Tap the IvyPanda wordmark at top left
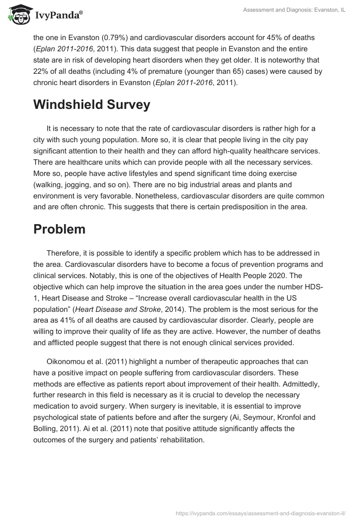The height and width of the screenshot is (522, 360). click(58, 15)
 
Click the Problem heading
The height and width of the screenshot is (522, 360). click(59, 229)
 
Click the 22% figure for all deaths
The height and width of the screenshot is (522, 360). click(40, 72)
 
